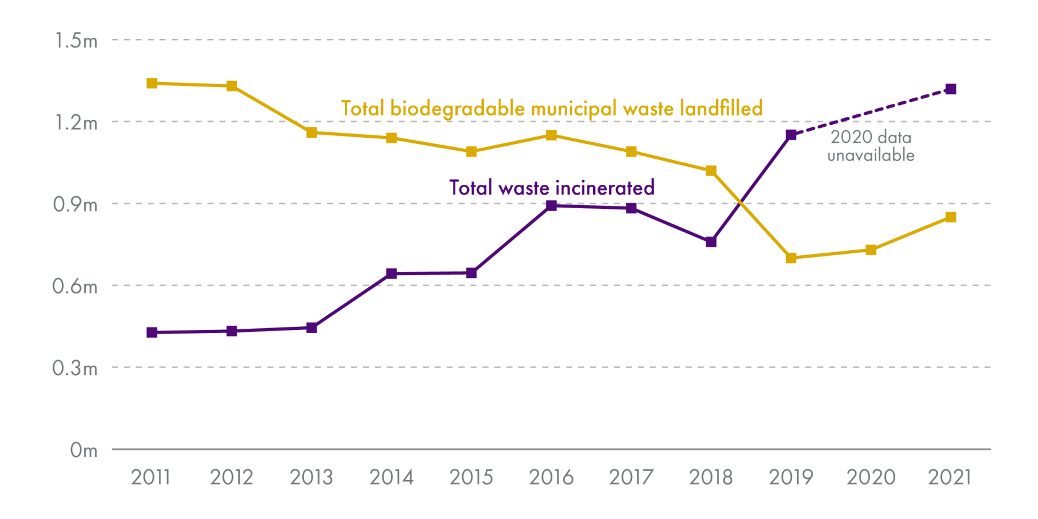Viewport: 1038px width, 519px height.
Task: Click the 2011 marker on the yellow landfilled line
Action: click(152, 83)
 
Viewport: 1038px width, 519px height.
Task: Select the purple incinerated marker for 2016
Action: click(551, 206)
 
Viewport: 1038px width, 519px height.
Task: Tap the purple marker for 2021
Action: click(951, 90)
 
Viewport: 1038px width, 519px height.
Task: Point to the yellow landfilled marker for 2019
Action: click(791, 258)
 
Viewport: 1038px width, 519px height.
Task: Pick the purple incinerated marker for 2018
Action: click(711, 242)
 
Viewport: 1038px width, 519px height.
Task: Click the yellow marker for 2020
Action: click(871, 250)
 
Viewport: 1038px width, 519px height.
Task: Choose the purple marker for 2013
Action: click(311, 327)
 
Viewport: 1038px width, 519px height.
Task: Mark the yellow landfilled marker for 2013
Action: click(311, 133)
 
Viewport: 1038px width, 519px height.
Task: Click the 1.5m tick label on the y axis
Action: click(76, 41)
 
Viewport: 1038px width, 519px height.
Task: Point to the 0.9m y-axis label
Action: click(75, 205)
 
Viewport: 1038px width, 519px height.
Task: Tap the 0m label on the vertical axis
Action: click(83, 450)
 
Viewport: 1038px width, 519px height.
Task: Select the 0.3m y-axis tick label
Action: click(75, 369)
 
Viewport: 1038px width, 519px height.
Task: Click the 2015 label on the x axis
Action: click(471, 478)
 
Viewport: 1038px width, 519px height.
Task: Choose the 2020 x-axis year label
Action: click(871, 478)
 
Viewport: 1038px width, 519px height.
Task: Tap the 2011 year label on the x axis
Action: click(151, 478)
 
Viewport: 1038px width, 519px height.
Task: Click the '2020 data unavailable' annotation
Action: click(871, 146)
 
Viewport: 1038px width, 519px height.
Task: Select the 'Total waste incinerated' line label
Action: click(552, 188)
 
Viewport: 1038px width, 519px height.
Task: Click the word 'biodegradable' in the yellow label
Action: click(457, 109)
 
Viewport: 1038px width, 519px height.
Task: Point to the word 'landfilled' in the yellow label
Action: click(721, 109)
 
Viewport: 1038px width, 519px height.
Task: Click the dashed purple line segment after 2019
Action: click(871, 112)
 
